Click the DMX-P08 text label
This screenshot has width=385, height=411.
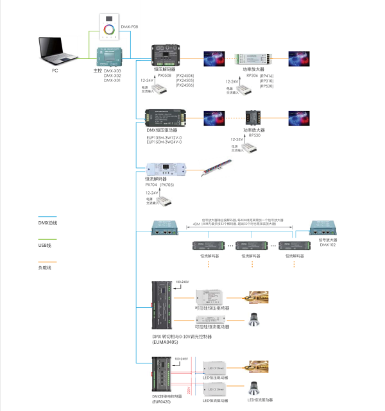(x=130, y=26)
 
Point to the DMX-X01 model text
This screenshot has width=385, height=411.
(x=112, y=81)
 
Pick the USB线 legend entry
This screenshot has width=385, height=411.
(x=45, y=245)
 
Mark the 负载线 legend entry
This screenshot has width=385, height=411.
(x=46, y=267)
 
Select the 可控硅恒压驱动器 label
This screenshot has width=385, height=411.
(x=213, y=308)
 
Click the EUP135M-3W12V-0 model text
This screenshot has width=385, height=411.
(x=164, y=137)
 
